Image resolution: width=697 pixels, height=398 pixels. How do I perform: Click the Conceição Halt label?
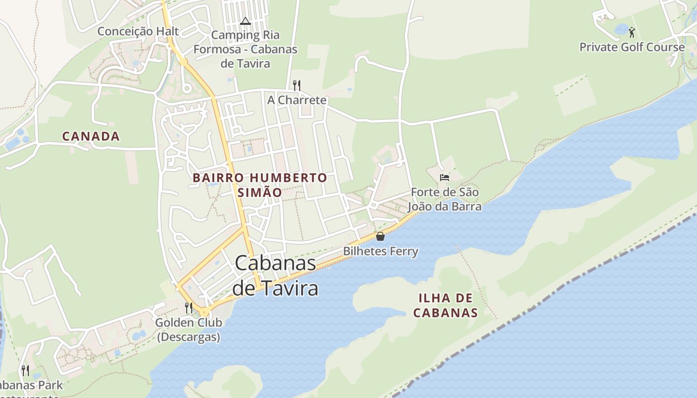[138, 31]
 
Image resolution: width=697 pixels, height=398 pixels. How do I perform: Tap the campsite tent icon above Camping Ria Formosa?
[244, 21]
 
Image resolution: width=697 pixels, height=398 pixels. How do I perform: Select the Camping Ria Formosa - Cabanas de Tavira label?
[245, 49]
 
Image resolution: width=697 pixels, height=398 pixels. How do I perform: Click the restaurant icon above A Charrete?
[297, 85]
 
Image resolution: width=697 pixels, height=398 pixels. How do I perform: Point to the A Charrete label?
[297, 100]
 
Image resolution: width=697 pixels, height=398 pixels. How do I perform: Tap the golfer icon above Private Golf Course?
[632, 32]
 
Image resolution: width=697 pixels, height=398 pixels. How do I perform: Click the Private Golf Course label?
[632, 47]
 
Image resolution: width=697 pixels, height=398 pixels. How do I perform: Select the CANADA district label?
[91, 136]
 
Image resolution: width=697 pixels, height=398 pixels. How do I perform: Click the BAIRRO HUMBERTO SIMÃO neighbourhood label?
[260, 185]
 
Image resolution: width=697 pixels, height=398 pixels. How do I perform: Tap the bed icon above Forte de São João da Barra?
[445, 177]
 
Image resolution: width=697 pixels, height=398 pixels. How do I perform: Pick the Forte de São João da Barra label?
[445, 199]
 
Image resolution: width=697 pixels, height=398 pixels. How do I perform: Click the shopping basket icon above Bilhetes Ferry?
[380, 236]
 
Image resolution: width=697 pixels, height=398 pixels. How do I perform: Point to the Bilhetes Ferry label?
[380, 251]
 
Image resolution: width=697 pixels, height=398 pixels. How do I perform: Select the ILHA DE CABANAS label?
[446, 305]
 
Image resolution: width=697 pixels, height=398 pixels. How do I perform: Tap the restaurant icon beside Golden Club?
[189, 308]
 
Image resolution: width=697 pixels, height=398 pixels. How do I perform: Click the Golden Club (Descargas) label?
[189, 329]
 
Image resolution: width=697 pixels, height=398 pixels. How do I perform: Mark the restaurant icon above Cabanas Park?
[25, 370]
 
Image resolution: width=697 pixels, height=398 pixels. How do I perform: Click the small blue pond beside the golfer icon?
[621, 29]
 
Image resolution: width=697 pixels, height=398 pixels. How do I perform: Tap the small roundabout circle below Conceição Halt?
[187, 89]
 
